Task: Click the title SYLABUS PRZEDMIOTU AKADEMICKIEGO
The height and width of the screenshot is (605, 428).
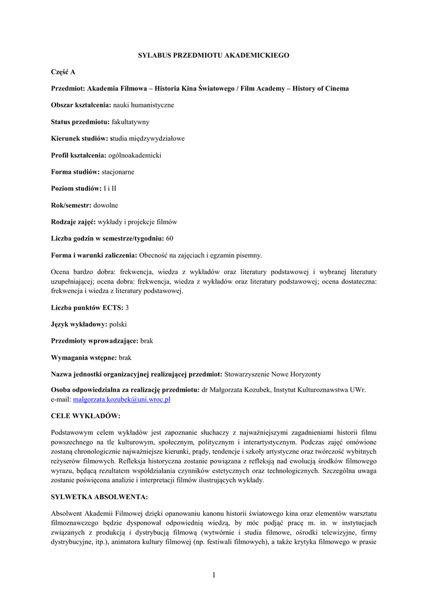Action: coord(213,55)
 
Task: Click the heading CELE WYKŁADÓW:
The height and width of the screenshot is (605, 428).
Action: coord(86,416)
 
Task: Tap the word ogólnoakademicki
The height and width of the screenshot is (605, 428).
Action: coord(134,155)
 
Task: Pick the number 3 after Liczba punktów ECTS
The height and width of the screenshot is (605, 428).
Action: coord(127,308)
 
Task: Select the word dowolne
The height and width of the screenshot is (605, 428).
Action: coord(106,205)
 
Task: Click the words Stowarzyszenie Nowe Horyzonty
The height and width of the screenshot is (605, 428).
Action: coord(273,374)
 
